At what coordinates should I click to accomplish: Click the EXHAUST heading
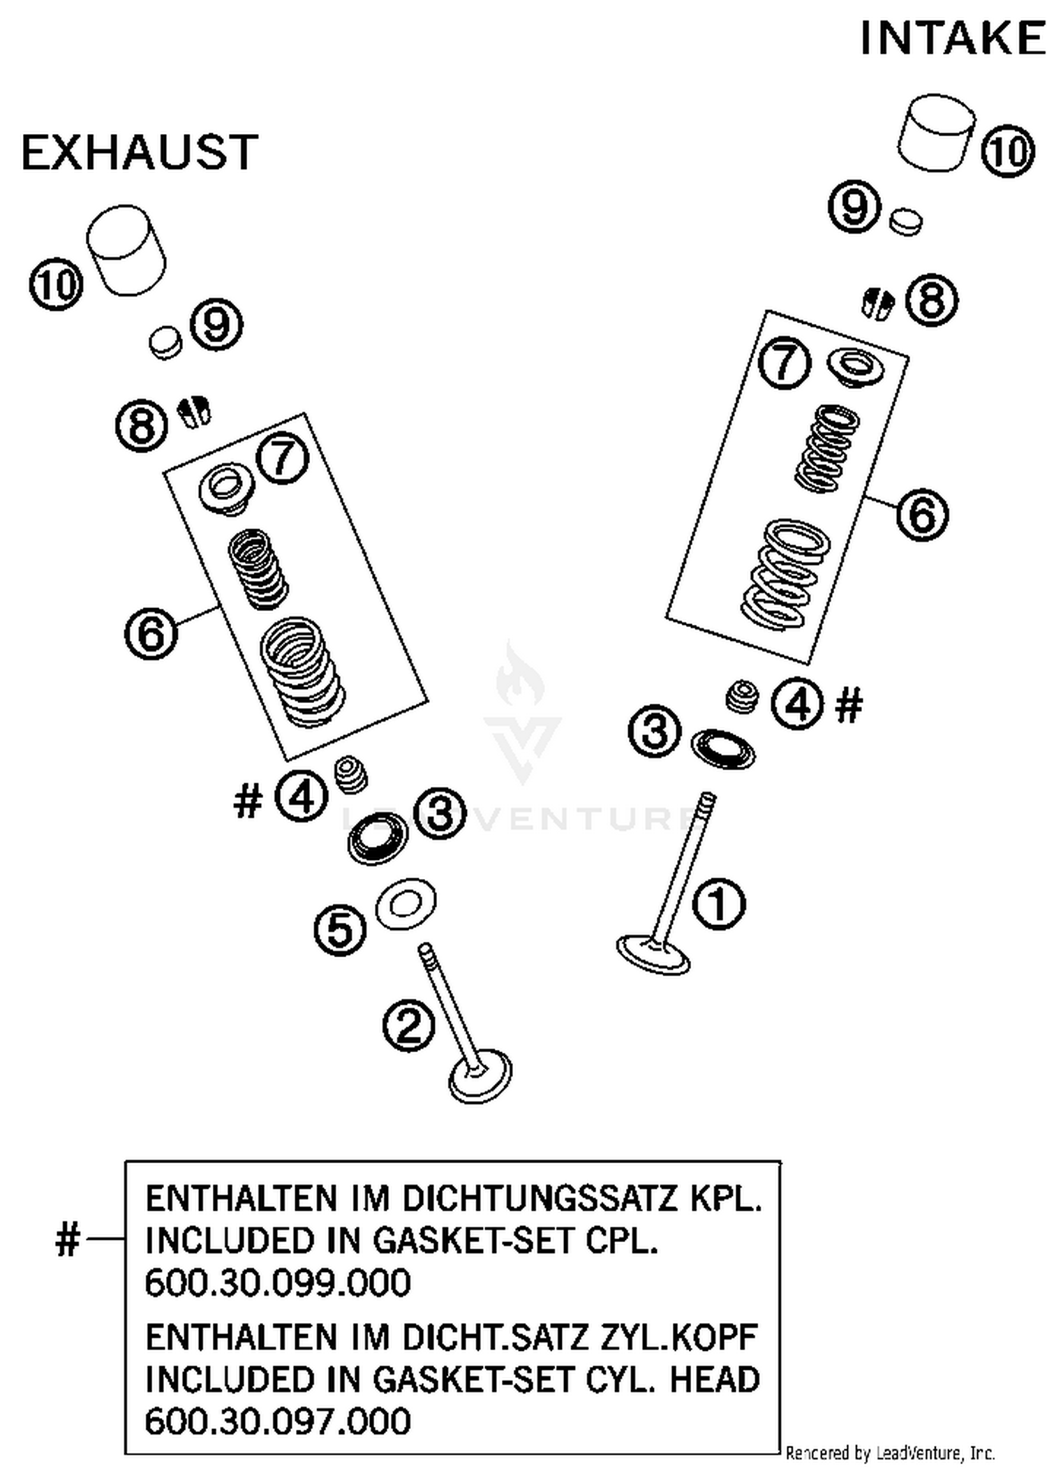click(x=140, y=153)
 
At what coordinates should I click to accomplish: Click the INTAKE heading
click(x=952, y=38)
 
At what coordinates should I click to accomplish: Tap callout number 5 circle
click(x=340, y=929)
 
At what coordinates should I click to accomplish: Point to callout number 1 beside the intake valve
click(x=718, y=903)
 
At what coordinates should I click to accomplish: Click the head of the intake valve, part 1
click(x=654, y=955)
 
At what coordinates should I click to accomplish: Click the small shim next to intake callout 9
click(x=906, y=221)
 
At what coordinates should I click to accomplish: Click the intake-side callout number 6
click(x=922, y=515)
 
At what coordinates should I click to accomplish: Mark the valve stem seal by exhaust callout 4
click(x=351, y=774)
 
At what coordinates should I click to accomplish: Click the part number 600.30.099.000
click(x=278, y=1283)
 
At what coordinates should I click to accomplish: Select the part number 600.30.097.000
click(x=278, y=1421)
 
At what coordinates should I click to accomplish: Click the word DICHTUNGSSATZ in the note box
click(x=540, y=1199)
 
